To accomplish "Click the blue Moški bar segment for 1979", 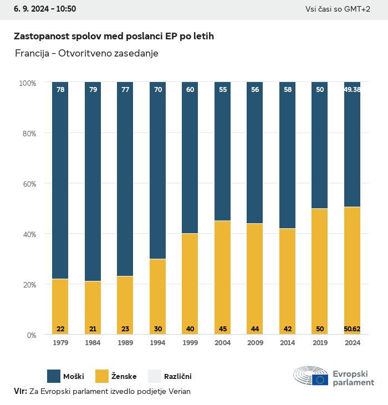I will pos(60,180).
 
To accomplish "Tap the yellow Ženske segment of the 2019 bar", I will pos(320,271).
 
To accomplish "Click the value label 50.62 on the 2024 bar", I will pos(352,329).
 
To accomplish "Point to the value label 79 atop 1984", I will pos(93,89).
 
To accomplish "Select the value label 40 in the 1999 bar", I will pos(190,329).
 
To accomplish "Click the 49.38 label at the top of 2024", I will pos(352,89).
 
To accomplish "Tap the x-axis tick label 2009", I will pos(255,344).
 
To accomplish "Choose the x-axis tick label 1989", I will pos(125,344).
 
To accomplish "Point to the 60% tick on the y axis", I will pos(28,183).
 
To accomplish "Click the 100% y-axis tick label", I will pos(27,83).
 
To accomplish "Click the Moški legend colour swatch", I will pos(54,376).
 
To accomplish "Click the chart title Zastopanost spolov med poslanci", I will pos(114,36).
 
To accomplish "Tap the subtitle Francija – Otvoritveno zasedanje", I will pos(86,53).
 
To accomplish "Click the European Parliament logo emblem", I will pos(310,376).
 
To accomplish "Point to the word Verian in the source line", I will pos(178,391).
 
